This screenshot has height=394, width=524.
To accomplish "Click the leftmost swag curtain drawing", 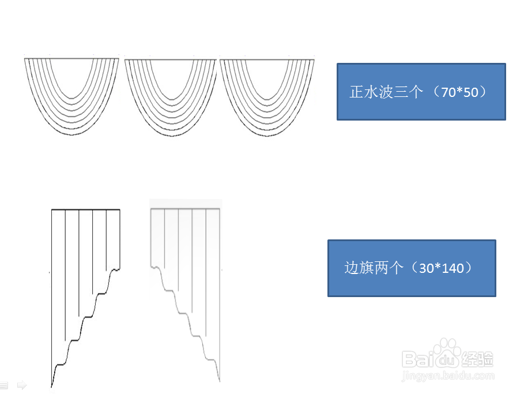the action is [71, 95].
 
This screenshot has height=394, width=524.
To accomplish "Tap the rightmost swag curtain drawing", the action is [267, 95].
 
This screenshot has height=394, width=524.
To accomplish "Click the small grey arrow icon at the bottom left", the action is [22, 384].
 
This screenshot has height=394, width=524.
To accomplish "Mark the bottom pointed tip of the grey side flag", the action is [220, 381].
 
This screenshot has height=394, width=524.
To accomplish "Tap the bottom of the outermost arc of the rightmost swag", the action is [267, 135].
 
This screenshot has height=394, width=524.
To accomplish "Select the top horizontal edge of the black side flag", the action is [85, 209].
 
